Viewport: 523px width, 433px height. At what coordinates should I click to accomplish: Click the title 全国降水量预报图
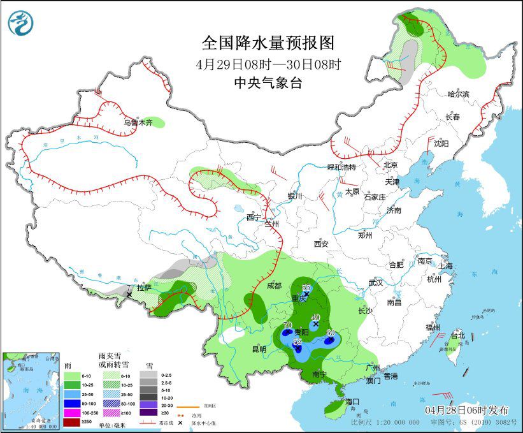coord(268,43)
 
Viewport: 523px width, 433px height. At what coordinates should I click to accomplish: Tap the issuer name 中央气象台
coord(268,82)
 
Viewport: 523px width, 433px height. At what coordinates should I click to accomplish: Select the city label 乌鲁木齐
coord(138,122)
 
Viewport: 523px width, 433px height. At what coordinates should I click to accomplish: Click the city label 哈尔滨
coord(458,94)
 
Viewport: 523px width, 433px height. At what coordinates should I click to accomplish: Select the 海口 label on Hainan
coord(352,401)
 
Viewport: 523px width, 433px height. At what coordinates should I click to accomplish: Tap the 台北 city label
coord(458,335)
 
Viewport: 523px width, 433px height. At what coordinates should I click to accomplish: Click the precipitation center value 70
coord(287,326)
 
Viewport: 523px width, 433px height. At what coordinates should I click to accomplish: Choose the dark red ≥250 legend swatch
coord(72,423)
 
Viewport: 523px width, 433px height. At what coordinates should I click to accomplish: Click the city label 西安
coord(320,244)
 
